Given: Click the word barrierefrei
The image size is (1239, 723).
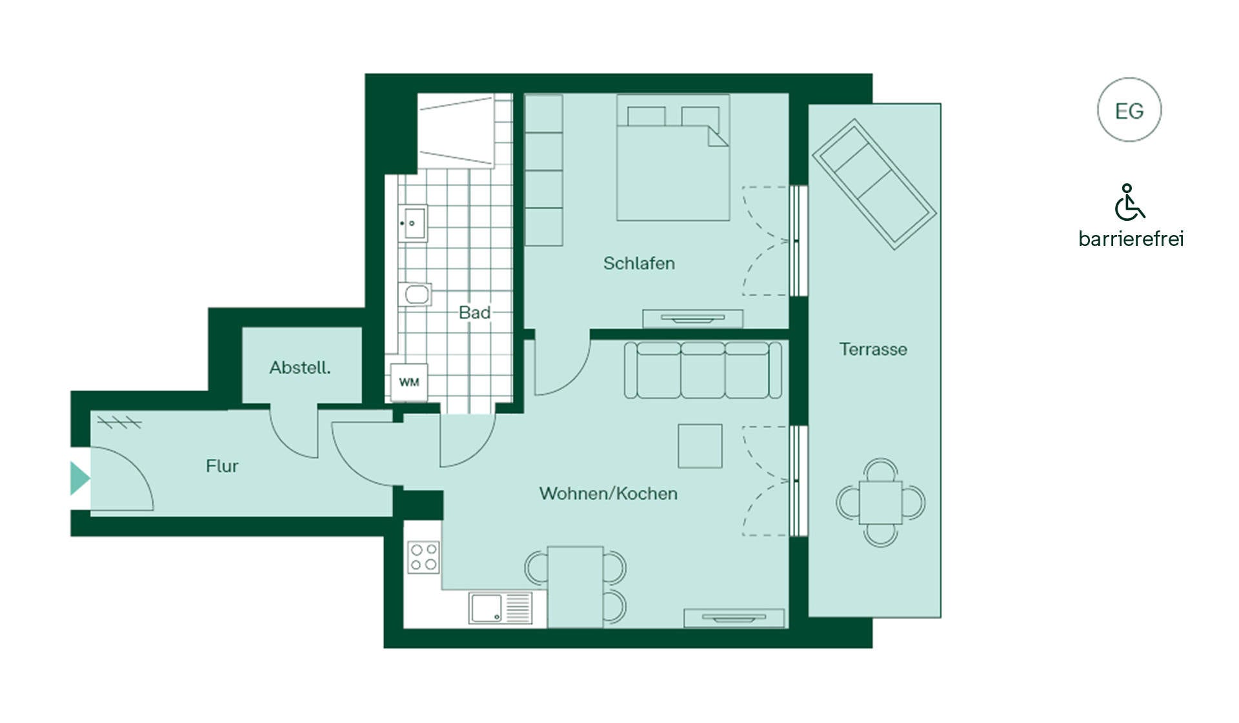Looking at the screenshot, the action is click(1131, 239).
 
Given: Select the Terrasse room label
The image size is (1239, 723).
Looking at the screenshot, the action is click(873, 349).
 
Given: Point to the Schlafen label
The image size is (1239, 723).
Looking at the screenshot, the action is click(639, 263).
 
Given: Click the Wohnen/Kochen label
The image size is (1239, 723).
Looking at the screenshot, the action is click(609, 494).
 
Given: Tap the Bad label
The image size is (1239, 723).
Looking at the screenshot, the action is click(474, 313).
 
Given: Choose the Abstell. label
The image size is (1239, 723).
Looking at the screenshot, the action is click(300, 368).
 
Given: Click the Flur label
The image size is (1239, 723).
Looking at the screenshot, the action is click(222, 466).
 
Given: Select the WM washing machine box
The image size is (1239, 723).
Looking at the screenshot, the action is click(409, 382).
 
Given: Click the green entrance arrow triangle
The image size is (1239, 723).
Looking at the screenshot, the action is click(79, 478).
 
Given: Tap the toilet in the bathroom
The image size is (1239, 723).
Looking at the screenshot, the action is click(414, 294).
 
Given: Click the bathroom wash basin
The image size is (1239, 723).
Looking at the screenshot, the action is click(412, 223).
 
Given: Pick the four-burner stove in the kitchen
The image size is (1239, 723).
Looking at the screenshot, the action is click(423, 557).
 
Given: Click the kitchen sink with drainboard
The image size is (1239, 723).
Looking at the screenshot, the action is click(501, 608).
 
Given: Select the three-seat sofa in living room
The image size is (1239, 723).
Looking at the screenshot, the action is click(703, 370).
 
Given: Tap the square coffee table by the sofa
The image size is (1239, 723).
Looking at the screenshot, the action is click(700, 446).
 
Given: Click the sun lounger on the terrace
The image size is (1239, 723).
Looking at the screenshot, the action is click(874, 184).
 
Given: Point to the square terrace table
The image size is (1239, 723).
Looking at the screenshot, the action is click(880, 502).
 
